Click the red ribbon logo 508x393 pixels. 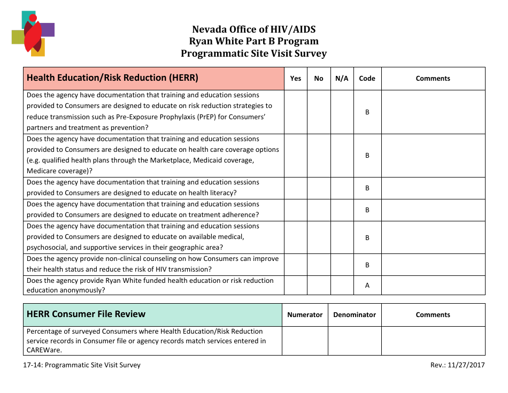(x=33, y=34)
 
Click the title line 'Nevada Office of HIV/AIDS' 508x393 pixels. (x=253, y=29)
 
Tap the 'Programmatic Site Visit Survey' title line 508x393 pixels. (x=253, y=53)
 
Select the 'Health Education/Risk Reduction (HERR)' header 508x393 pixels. (x=112, y=78)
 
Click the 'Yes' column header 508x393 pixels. (x=296, y=79)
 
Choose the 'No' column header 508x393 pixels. (x=319, y=79)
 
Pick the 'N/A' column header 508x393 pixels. (x=342, y=79)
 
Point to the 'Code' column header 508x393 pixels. (x=367, y=79)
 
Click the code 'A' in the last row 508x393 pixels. (x=367, y=286)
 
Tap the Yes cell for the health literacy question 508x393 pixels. (x=296, y=188)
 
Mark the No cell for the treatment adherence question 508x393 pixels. (x=319, y=210)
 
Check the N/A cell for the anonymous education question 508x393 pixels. (x=342, y=286)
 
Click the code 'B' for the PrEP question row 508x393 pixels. (x=367, y=112)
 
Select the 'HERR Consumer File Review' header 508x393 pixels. (x=86, y=314)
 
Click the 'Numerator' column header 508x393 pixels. (x=305, y=315)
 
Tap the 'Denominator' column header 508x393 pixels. (x=355, y=315)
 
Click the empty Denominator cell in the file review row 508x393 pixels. (x=355, y=341)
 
